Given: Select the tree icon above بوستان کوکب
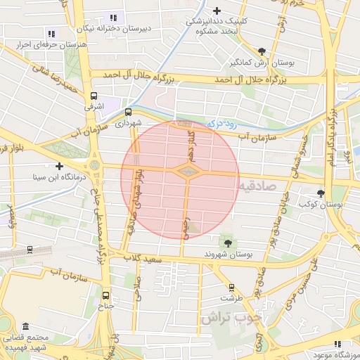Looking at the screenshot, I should tap(321, 193).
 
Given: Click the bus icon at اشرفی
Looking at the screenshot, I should tap(94, 96).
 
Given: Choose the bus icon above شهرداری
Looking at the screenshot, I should tap(128, 112).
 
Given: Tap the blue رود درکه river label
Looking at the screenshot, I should tap(222, 123).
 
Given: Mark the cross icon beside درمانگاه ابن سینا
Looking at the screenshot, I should tap(59, 167).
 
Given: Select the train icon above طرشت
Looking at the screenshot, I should tap(230, 287).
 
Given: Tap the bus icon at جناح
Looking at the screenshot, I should tap(105, 295).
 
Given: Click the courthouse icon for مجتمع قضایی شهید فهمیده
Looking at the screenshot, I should tap(26, 328).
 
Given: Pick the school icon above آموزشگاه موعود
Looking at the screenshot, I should tap(338, 344).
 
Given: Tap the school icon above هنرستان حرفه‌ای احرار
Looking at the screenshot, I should tap(51, 33).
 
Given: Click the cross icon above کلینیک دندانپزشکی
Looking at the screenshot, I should tap(217, 11).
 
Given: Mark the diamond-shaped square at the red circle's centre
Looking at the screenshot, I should tap(187, 171).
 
